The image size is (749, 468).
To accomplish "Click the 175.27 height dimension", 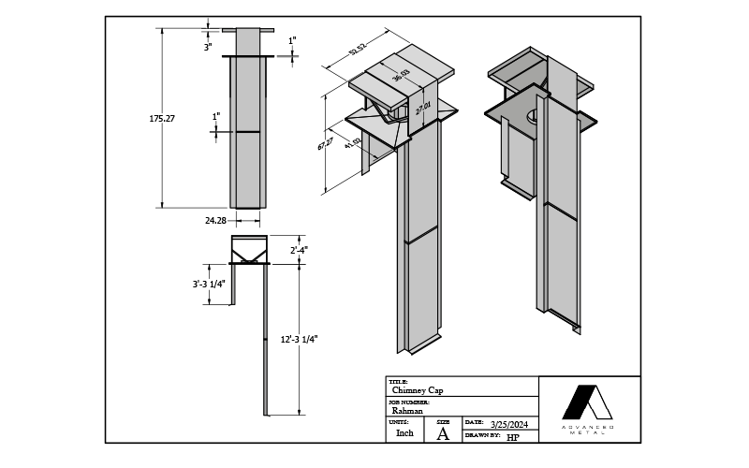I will (x=162, y=119).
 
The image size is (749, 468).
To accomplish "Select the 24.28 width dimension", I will (x=215, y=221).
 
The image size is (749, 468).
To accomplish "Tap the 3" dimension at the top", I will (x=208, y=46).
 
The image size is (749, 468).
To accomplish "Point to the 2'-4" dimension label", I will (x=299, y=250).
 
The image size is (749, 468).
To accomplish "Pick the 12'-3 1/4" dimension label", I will (x=299, y=340).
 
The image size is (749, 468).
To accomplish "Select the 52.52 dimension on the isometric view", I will (x=356, y=50).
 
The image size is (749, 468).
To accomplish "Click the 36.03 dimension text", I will (x=401, y=79).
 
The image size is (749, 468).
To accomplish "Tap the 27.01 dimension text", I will (x=422, y=110).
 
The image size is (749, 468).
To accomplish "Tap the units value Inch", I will (x=404, y=433).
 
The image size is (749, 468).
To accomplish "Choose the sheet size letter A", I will (x=443, y=433).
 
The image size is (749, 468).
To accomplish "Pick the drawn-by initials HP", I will (x=512, y=437).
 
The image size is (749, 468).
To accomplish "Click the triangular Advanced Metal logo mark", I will (x=587, y=402).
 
